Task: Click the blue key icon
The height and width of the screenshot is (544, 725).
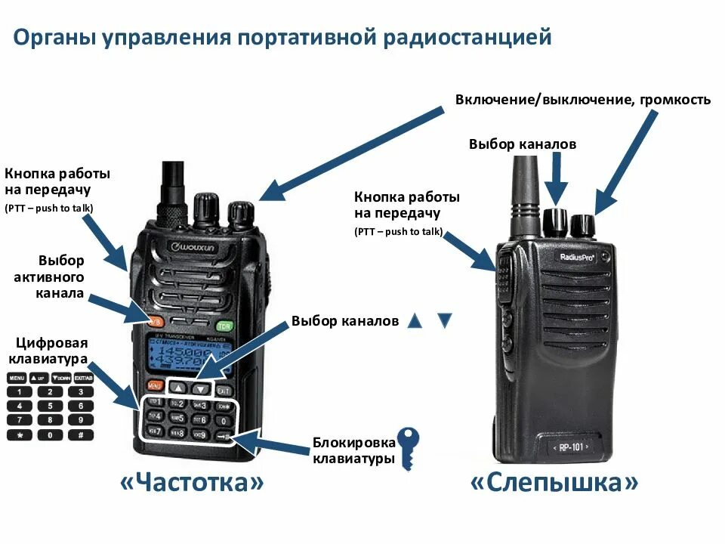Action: [408, 447]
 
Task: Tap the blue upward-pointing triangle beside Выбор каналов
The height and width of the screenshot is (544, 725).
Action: [414, 320]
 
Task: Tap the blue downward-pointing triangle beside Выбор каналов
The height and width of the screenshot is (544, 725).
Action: [444, 320]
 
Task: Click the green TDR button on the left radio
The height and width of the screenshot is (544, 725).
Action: [224, 326]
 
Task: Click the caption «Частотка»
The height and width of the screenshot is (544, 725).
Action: [193, 483]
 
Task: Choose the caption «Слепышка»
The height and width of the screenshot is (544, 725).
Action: [554, 483]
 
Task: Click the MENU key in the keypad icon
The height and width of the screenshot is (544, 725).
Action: [17, 377]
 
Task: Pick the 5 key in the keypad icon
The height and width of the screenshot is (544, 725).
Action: [50, 406]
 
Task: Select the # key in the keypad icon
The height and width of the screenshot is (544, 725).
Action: [81, 434]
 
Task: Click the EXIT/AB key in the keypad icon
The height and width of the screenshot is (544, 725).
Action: [83, 377]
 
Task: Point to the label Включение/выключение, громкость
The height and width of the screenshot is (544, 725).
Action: [582, 100]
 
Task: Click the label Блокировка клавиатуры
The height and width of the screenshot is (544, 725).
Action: [354, 451]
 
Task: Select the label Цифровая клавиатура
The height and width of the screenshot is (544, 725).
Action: [47, 351]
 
